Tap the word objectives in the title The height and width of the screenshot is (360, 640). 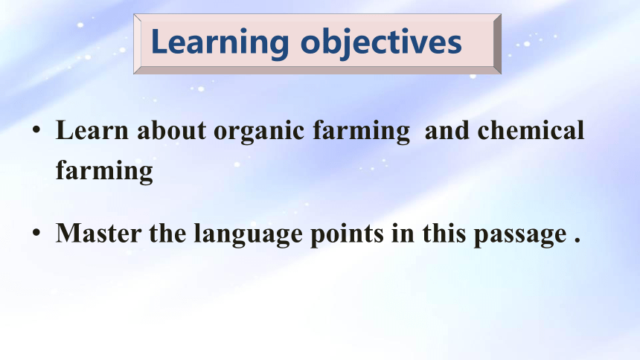pyautogui.click(x=381, y=43)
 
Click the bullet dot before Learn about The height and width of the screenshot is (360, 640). pyautogui.click(x=36, y=130)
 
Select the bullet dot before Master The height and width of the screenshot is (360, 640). pyautogui.click(x=36, y=233)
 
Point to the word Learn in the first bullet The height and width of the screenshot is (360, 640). pyautogui.click(x=92, y=131)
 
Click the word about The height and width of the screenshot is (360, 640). pyautogui.click(x=171, y=131)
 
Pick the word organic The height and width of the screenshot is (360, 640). pyautogui.click(x=259, y=132)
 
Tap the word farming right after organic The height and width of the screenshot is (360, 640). pyautogui.click(x=361, y=132)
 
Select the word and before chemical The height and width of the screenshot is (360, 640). pyautogui.click(x=447, y=131)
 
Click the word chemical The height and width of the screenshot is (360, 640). pyautogui.click(x=531, y=131)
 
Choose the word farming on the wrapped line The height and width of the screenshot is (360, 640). pyautogui.click(x=104, y=171)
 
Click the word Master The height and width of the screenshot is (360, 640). pyautogui.click(x=98, y=234)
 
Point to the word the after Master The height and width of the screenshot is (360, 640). pyautogui.click(x=167, y=234)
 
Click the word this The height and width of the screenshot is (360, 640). pyautogui.click(x=444, y=234)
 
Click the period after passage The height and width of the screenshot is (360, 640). pyautogui.click(x=577, y=241)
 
